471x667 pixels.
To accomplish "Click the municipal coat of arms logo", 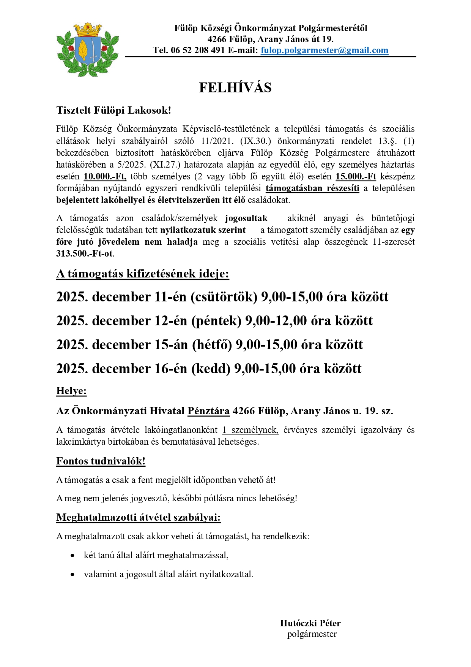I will (88, 49).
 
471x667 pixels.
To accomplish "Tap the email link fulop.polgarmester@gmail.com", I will (324, 51).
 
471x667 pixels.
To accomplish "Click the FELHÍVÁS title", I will (235, 88).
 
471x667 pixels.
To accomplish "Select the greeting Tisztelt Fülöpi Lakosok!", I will (113, 110).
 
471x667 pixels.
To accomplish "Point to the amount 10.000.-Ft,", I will (105, 176).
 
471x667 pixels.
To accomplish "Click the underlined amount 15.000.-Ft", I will (356, 176).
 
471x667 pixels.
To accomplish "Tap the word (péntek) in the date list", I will (216, 321).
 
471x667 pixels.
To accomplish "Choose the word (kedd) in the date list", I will (211, 369).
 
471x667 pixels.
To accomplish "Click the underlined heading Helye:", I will (71, 391).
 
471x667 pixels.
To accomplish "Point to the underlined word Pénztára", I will (208, 411).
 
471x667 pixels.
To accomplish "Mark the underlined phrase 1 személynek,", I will (250, 430).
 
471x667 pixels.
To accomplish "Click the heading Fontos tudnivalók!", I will (101, 461).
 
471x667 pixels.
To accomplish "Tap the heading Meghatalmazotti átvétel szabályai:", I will (138, 517).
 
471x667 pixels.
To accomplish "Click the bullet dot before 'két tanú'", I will (72, 556).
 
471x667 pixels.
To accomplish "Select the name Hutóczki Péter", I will (310, 623).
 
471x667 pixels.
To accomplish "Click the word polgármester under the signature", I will (312, 634).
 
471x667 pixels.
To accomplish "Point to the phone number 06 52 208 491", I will (198, 51).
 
